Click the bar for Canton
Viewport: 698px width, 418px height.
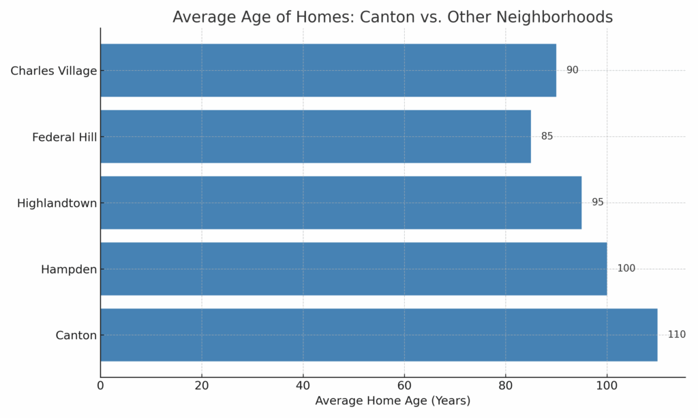click(378, 335)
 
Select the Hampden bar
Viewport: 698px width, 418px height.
click(353, 269)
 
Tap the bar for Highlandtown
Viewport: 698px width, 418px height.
click(341, 203)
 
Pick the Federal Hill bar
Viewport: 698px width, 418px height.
click(315, 137)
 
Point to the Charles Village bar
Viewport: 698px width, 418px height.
click(328, 70)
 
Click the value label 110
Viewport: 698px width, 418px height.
click(676, 335)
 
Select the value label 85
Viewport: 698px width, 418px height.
click(547, 137)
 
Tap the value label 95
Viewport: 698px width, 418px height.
click(597, 203)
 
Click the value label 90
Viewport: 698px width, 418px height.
click(572, 70)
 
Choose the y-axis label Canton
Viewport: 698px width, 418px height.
click(76, 336)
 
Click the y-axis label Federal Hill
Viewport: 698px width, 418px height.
click(64, 138)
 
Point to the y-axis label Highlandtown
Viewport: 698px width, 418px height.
click(57, 204)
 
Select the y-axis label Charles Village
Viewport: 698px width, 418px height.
click(53, 71)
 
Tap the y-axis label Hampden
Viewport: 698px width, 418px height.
click(69, 270)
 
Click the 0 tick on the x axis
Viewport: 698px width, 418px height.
click(100, 385)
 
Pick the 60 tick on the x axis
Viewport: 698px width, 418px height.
click(404, 385)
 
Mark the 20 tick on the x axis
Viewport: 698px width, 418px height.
click(202, 385)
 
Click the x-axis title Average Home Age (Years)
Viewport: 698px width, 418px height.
click(392, 401)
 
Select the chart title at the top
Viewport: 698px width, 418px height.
click(392, 17)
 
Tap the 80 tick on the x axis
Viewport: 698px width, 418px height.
click(505, 385)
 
